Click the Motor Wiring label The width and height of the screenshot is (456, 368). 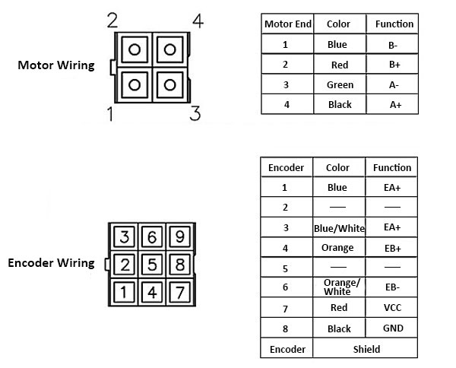56,65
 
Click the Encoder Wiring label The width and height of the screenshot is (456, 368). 51,264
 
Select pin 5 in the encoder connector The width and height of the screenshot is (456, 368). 151,265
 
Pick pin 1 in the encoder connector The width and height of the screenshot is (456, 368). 126,290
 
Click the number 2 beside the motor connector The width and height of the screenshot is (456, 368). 112,21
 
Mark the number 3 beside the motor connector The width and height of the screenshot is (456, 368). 195,114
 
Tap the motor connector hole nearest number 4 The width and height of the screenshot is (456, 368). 169,50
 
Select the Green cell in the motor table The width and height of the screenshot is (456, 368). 340,85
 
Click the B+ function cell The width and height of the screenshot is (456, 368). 394,65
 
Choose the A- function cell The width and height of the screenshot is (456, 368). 394,85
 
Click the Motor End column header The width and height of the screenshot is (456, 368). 287,24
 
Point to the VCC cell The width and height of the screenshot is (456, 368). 392,308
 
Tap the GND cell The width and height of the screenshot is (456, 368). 392,328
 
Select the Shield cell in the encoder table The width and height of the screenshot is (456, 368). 366,349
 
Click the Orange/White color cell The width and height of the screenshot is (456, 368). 340,287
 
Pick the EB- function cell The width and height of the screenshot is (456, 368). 392,287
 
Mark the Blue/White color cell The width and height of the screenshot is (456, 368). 340,228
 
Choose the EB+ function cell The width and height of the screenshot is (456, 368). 392,248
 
